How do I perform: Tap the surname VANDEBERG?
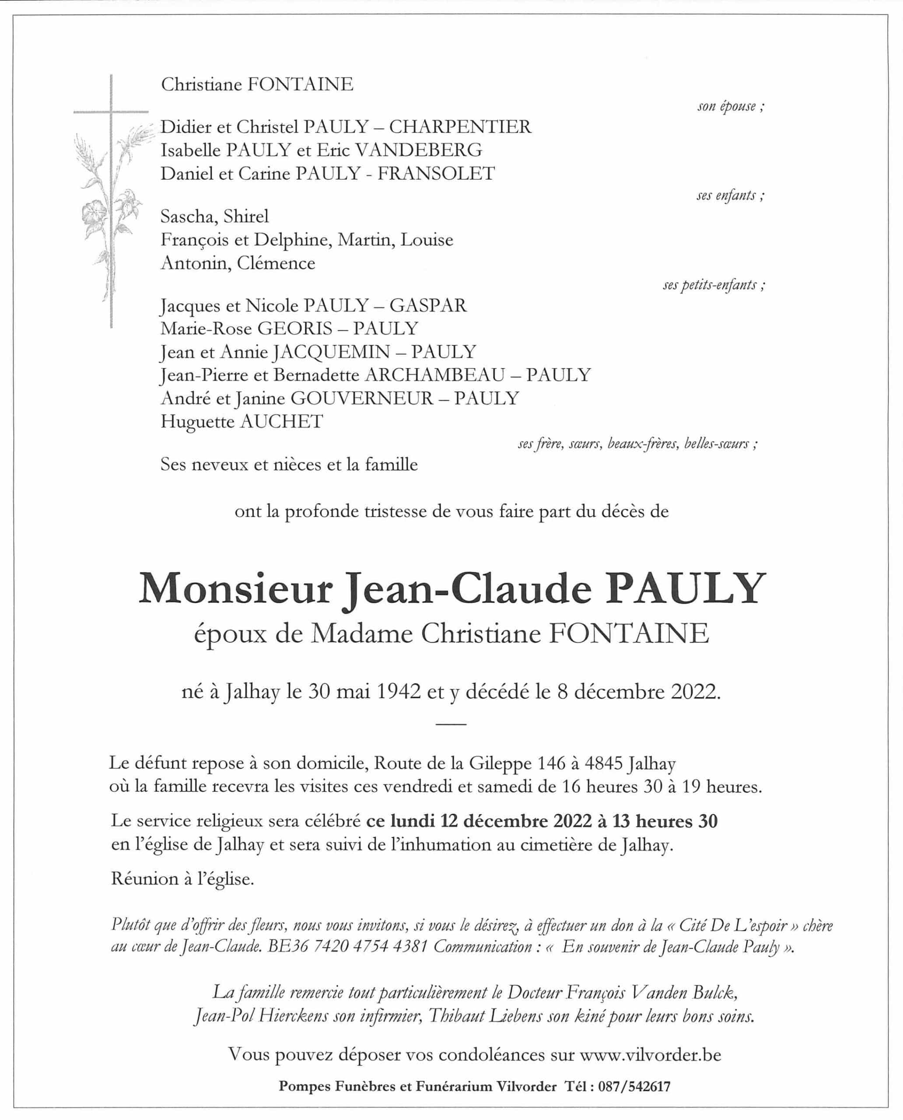click(x=419, y=150)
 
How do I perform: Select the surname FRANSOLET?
click(x=436, y=173)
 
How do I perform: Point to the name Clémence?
click(x=276, y=263)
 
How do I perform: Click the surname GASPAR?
click(x=427, y=305)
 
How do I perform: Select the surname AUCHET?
click(x=281, y=421)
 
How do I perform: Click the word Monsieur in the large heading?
click(x=235, y=589)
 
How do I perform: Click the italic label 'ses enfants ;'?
click(x=730, y=196)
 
